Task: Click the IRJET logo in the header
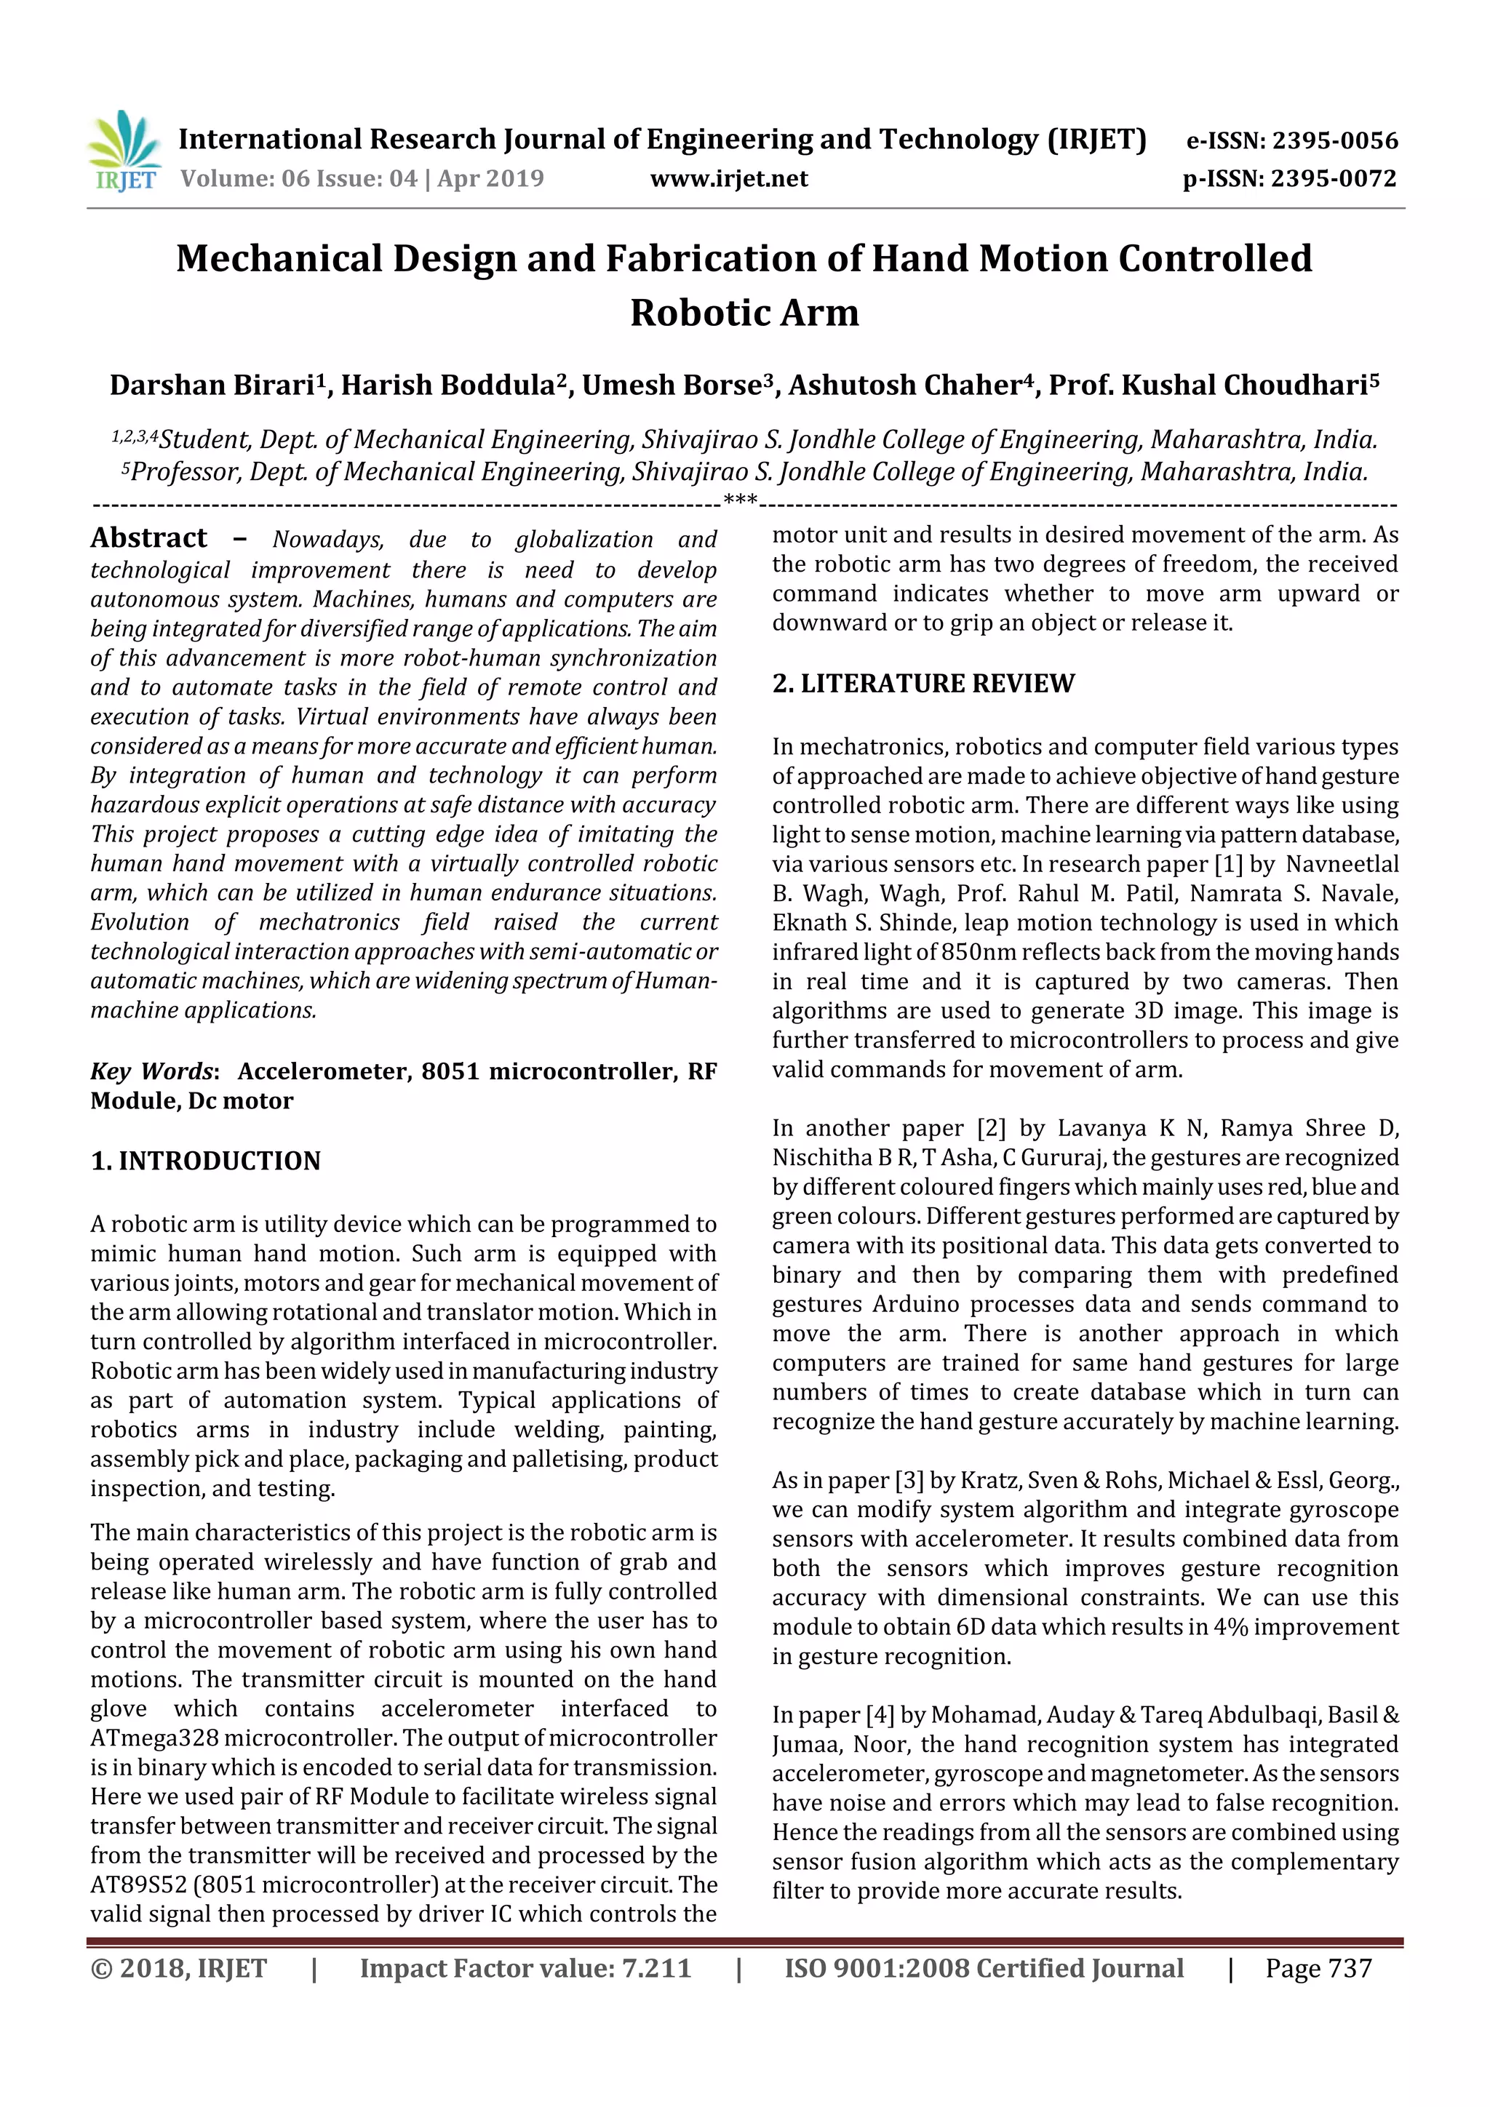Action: (x=124, y=151)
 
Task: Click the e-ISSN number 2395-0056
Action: (x=1334, y=140)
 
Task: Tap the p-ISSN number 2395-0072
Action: (x=1333, y=178)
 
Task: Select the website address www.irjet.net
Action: (x=729, y=178)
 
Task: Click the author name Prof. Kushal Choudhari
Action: (x=1213, y=385)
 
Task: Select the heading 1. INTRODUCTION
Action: (x=206, y=1161)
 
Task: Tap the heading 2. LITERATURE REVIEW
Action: (x=923, y=683)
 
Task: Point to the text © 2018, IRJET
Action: (x=179, y=1968)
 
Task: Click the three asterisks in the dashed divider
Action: (x=740, y=500)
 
